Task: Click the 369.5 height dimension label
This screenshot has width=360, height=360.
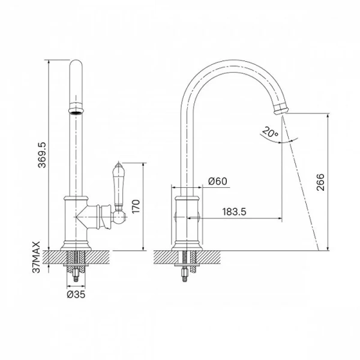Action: point(42,155)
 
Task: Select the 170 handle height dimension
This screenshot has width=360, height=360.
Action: point(136,206)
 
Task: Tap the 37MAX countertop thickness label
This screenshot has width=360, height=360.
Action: point(36,257)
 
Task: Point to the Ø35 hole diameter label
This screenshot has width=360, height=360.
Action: point(76,294)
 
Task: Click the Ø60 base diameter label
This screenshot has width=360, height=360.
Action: point(217,181)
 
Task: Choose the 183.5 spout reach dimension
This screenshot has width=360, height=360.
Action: point(234,212)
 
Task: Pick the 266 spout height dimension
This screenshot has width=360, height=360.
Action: point(320,182)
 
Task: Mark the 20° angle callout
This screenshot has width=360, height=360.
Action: point(270,132)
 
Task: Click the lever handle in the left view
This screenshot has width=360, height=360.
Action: point(119,184)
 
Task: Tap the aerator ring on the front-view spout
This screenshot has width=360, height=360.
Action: point(76,108)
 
